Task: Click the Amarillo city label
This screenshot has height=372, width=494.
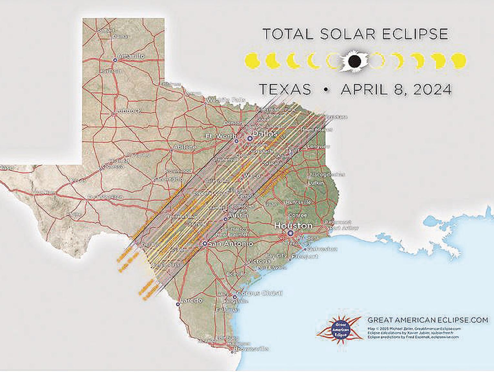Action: pos(131,57)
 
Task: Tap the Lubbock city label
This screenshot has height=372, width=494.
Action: pos(129,111)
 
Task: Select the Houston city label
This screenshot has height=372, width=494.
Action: pos(293,226)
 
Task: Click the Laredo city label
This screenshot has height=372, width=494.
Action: pos(191,301)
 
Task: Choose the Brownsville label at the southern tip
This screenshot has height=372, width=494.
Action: pos(251,349)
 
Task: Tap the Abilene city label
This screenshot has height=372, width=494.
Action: pos(185,147)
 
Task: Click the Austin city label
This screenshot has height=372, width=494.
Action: pos(238,215)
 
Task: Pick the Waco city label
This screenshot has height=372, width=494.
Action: pos(252,176)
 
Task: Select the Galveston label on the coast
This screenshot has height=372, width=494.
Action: pos(322,249)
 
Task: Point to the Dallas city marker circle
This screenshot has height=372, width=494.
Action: pos(250,139)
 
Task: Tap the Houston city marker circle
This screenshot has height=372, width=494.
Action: pos(290,233)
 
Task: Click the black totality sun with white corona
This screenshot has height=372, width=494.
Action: pos(354,61)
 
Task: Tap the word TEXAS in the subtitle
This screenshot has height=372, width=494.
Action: pos(285,90)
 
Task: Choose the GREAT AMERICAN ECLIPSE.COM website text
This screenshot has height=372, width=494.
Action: pos(428,320)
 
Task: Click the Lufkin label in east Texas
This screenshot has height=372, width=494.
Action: pos(316,183)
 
